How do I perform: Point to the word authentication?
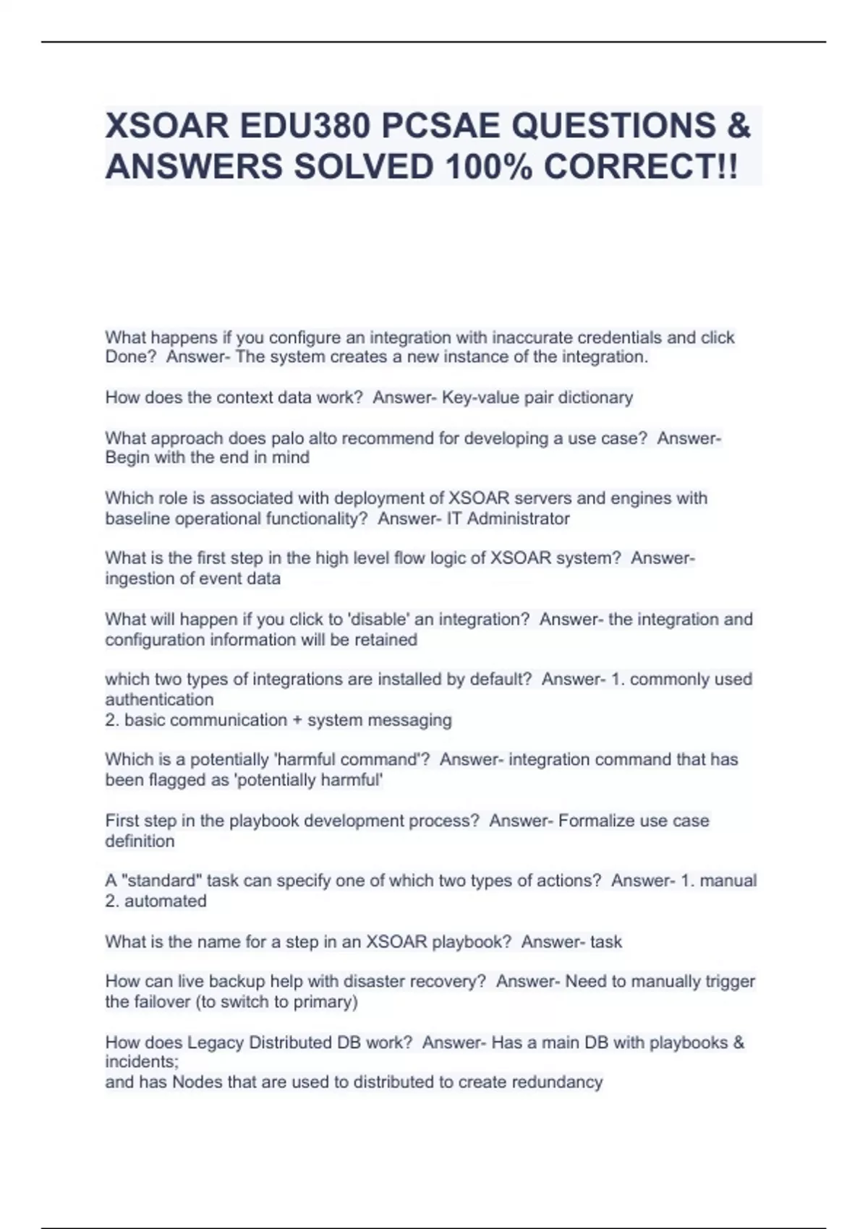click(159, 699)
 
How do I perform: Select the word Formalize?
click(595, 821)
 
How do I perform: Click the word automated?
click(166, 901)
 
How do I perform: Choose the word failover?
click(163, 1002)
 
